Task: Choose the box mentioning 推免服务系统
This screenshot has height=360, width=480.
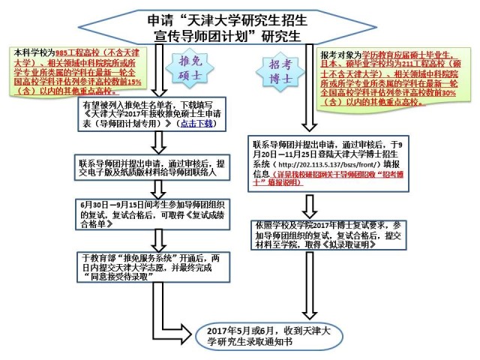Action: (152, 266)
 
